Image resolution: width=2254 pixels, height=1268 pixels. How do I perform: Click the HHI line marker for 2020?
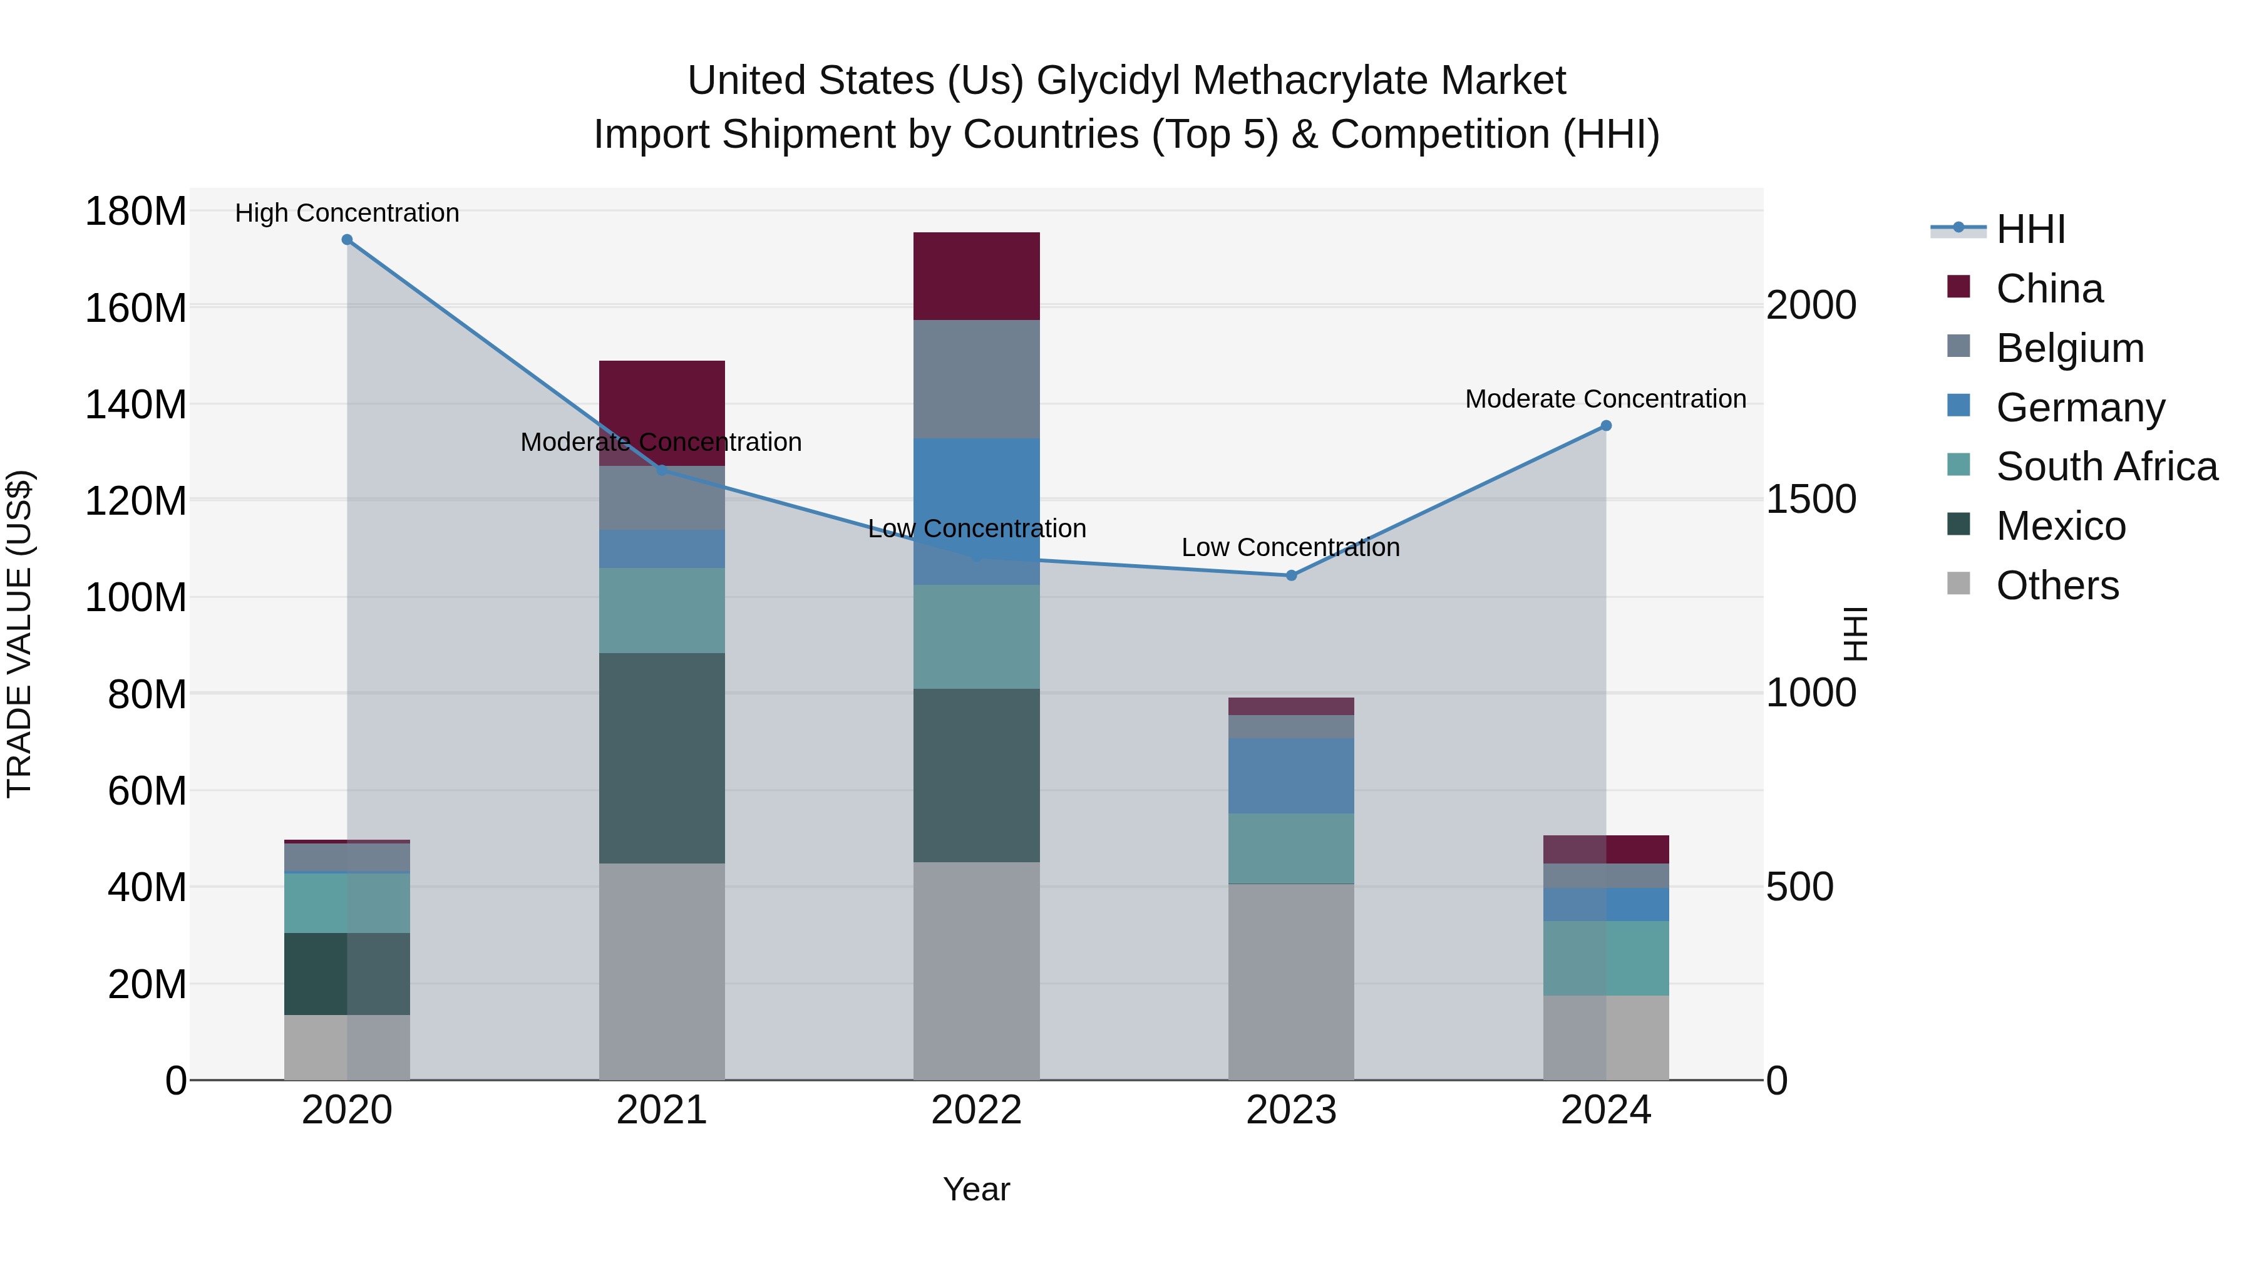347,240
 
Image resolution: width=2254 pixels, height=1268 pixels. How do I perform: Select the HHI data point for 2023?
1292,576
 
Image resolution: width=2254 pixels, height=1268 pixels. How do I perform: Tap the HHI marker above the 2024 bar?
1607,426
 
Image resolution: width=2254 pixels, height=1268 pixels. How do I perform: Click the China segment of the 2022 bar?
977,277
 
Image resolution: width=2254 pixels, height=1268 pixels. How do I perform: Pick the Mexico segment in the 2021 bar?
662,758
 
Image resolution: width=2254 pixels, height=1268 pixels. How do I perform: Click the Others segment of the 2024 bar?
1607,1038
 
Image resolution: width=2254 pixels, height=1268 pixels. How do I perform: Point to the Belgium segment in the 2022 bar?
977,379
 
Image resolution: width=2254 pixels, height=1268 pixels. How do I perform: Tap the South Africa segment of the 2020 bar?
347,903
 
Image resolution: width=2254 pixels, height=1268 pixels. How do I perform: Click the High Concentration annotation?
347,214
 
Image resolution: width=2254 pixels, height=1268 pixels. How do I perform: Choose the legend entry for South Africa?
2106,466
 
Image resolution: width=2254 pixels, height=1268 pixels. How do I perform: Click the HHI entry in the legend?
2030,229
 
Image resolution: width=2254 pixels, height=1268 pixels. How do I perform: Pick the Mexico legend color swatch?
1959,525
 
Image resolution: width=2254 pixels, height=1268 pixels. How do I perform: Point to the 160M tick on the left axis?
136,309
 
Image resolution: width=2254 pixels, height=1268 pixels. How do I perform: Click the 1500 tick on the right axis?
1810,500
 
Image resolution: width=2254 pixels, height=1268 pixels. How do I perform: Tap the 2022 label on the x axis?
977,1110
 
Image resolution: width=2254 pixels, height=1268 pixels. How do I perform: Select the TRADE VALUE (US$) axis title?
19,634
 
